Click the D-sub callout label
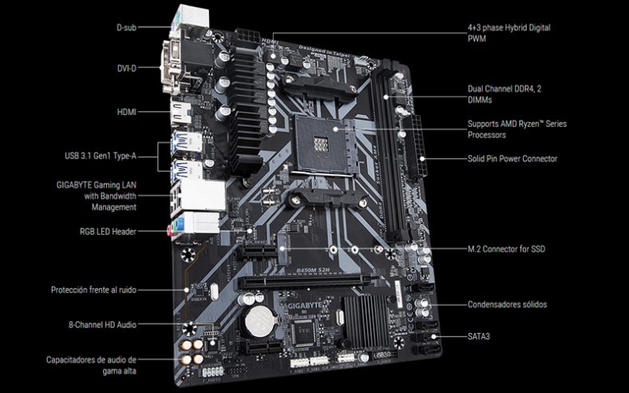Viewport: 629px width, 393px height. (125, 27)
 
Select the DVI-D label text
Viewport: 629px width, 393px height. (126, 68)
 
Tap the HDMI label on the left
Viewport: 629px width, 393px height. (127, 112)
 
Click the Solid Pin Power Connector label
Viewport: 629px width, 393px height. (512, 159)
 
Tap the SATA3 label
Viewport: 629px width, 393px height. (479, 336)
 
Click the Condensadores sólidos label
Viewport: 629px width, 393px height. (507, 304)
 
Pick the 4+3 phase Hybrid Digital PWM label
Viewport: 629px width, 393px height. (508, 32)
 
